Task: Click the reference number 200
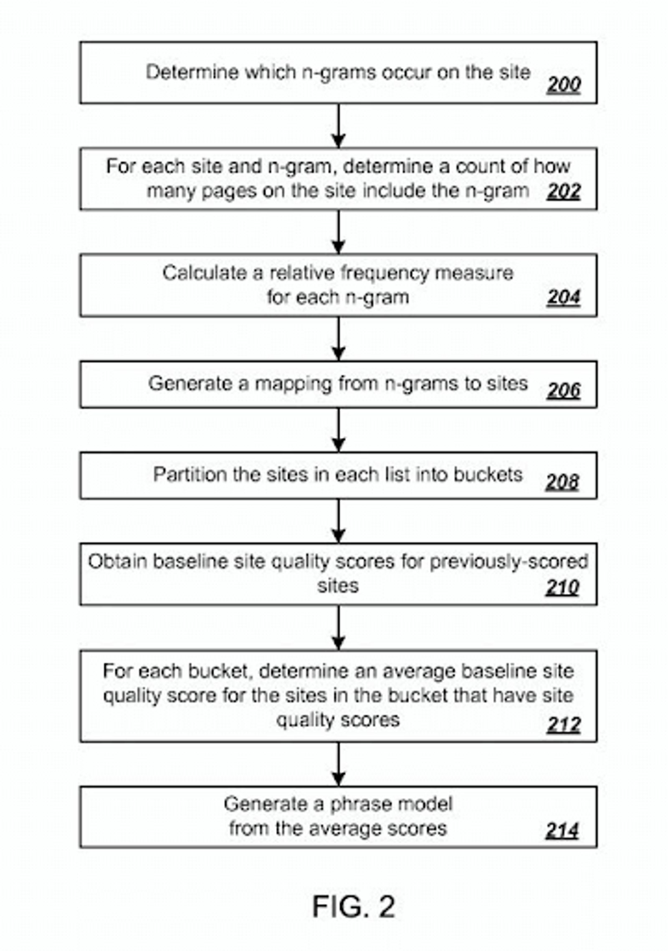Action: point(563,85)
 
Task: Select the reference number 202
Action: point(563,191)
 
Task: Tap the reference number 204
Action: point(563,298)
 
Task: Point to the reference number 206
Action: point(563,391)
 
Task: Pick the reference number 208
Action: point(562,482)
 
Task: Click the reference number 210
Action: point(562,587)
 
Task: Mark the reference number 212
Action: point(563,725)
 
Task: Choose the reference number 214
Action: point(562,830)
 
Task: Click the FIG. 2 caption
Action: point(353,907)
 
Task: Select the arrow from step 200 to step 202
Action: point(338,125)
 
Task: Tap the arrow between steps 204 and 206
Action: point(338,338)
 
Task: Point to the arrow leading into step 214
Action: point(338,764)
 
